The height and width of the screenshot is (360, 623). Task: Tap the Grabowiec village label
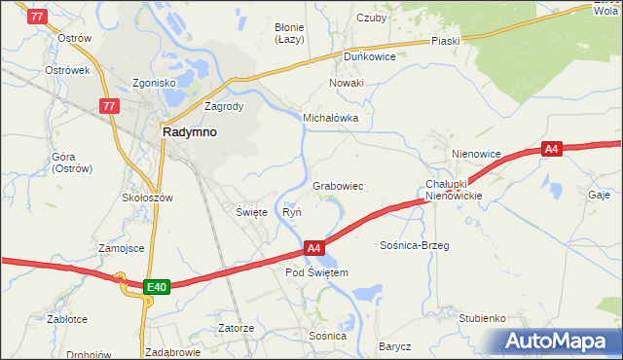click(338, 185)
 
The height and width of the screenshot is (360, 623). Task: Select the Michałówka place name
click(331, 118)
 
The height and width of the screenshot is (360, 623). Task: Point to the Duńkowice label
click(369, 56)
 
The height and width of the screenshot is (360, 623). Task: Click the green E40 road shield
click(157, 287)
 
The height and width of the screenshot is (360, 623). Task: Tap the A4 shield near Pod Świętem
click(313, 248)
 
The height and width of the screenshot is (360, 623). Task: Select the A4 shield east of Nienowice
click(552, 149)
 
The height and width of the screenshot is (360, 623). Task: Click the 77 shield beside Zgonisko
click(108, 106)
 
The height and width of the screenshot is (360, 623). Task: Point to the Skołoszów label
click(147, 197)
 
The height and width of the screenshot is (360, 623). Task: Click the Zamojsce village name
click(121, 248)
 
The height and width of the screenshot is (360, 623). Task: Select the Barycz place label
click(395, 346)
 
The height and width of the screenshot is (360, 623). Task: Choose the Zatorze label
click(237, 328)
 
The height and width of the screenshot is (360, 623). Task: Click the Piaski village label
click(445, 42)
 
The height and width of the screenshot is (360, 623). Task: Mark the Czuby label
click(372, 18)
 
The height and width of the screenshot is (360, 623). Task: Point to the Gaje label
click(599, 195)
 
